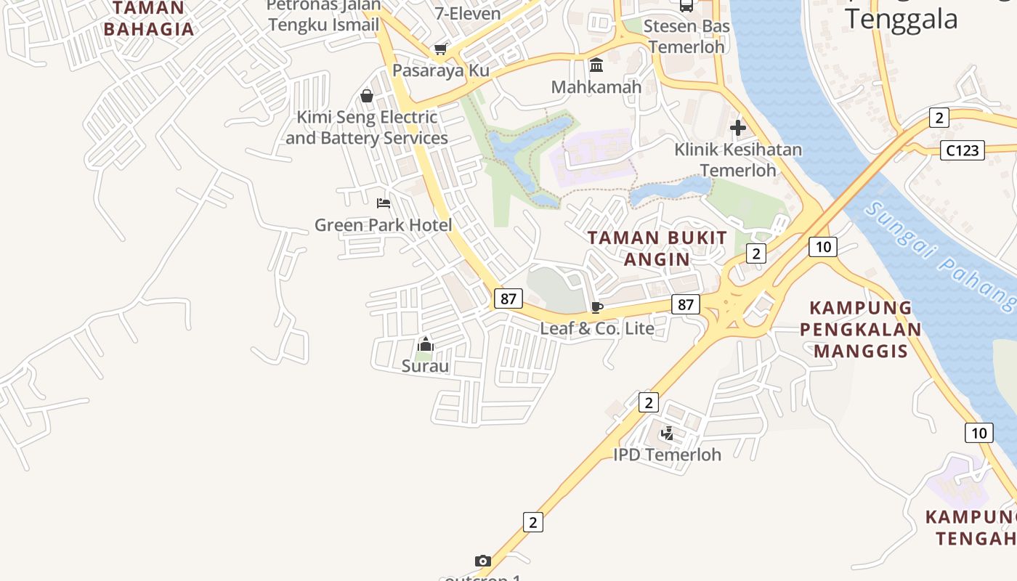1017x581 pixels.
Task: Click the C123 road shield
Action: (x=963, y=150)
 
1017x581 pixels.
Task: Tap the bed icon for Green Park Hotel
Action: (x=383, y=203)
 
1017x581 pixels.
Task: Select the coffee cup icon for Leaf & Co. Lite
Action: (x=597, y=307)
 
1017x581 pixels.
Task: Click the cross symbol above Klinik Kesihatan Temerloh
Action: (x=738, y=129)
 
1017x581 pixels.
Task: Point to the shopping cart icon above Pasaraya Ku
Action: (x=440, y=49)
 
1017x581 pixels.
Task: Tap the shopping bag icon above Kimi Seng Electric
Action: (x=367, y=96)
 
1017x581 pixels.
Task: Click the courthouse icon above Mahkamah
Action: (x=596, y=66)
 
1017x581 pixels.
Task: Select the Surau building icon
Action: (x=425, y=344)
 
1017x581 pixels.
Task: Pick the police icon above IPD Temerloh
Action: (x=667, y=434)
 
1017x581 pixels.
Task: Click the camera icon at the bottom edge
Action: (x=483, y=561)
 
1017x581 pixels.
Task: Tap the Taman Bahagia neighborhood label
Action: (x=149, y=19)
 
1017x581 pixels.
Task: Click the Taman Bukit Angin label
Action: (x=657, y=248)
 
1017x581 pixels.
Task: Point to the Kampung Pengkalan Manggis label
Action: (x=861, y=329)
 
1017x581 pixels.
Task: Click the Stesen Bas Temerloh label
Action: (x=686, y=36)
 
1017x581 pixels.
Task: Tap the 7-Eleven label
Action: (x=468, y=13)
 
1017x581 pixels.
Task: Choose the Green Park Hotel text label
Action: (x=383, y=225)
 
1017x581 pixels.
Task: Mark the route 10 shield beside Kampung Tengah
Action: (x=978, y=433)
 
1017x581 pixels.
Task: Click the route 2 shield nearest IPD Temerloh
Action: (x=648, y=402)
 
